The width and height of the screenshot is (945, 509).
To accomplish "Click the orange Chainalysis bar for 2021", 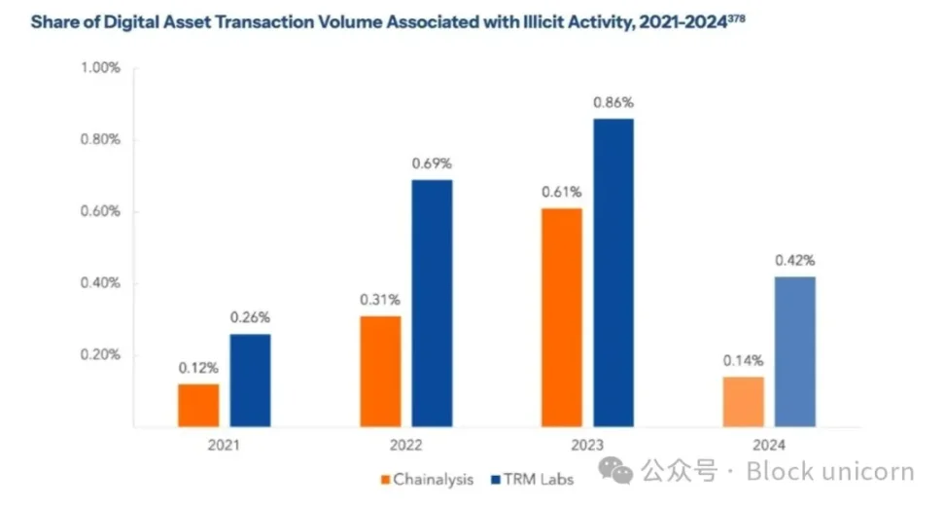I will [198, 405].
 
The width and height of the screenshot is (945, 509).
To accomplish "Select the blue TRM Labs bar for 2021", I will [250, 381].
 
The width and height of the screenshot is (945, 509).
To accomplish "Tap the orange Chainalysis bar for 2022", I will [380, 371].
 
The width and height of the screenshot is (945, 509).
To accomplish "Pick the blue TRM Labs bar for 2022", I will [432, 303].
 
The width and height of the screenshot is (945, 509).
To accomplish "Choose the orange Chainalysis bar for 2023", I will [562, 317].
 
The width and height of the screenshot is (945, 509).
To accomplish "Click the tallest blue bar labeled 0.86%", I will [613, 273].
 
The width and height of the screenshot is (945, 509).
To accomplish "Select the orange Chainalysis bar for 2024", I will [744, 402].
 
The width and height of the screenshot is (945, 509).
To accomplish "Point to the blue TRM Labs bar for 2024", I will [795, 351].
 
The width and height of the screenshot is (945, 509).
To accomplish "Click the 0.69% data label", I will [432, 164].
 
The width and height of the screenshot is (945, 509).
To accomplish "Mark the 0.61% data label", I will [562, 193].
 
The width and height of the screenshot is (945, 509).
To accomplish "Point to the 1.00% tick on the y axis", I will [100, 68].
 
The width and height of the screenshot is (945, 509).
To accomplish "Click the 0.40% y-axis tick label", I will [100, 283].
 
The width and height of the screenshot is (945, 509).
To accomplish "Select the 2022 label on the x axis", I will [406, 445].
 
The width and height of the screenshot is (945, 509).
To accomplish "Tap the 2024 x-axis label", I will [769, 445].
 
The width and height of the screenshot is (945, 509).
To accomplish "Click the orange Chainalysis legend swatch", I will [384, 479].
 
